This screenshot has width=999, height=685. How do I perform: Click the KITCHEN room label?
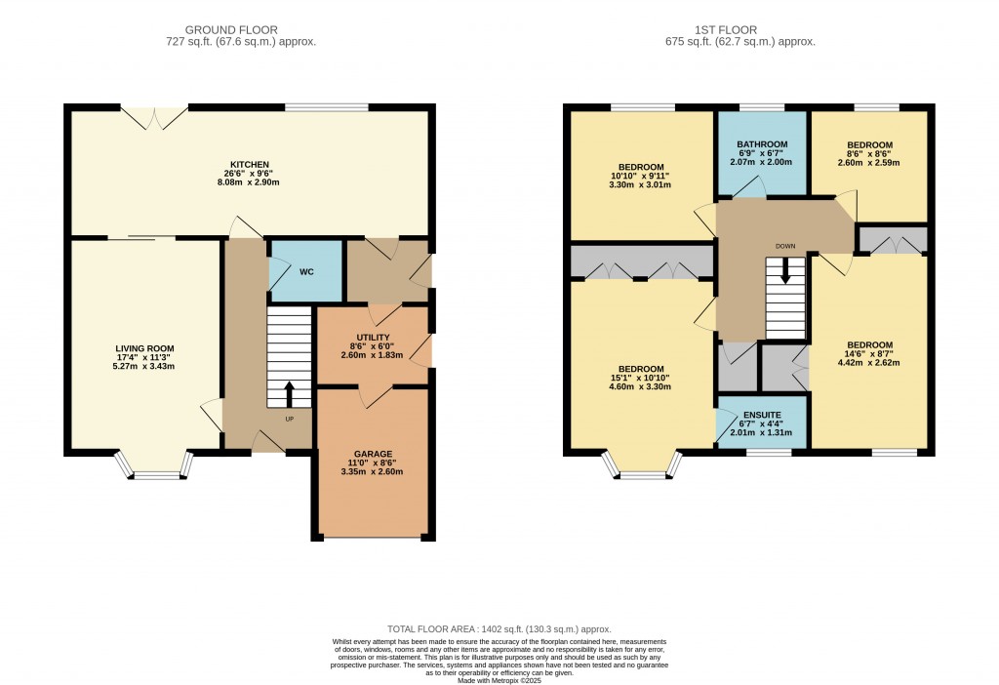pos(249,164)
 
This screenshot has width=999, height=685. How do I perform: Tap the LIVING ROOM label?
pos(144,348)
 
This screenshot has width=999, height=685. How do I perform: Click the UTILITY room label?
pos(373,338)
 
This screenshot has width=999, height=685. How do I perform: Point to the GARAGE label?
pos(373,454)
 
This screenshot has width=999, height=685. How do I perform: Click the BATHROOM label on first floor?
pos(761,143)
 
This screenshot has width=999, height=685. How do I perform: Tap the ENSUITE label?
pos(761,415)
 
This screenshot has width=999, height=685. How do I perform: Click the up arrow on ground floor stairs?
pos(289,392)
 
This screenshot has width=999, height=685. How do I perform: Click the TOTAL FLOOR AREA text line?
pos(499,629)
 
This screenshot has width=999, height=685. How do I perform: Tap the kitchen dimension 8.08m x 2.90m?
pos(249,182)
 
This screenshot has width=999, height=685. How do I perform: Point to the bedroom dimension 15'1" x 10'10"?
pos(640,378)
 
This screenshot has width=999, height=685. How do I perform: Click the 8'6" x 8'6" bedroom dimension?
pos(869,154)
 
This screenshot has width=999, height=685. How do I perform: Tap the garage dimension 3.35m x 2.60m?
pos(373,472)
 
